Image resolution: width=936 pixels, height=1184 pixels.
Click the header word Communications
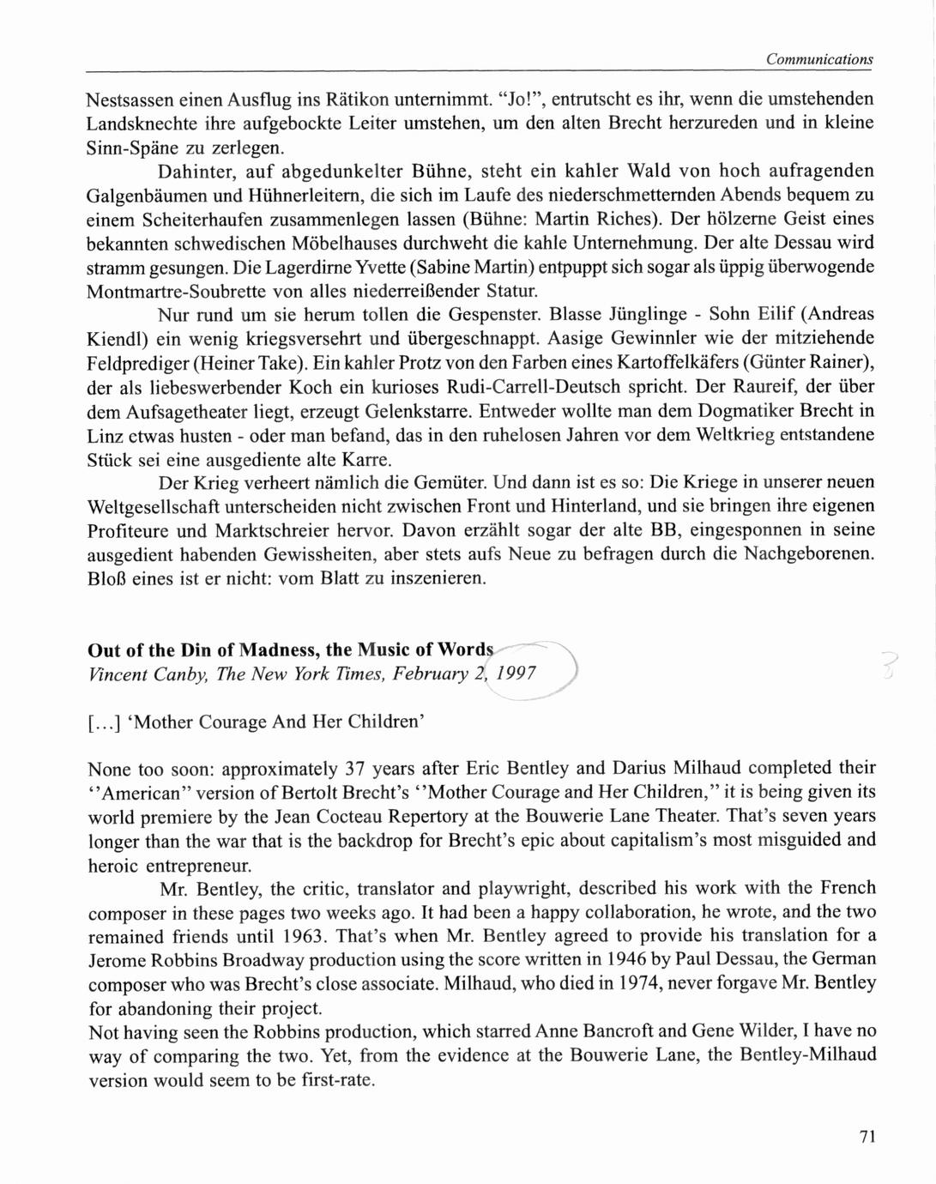click(x=819, y=59)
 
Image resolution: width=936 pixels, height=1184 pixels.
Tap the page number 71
click(x=867, y=1137)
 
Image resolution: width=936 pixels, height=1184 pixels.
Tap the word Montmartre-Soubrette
click(x=172, y=291)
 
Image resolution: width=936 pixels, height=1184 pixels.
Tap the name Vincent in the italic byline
click(x=118, y=674)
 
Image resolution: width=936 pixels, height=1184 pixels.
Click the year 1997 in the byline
click(x=517, y=674)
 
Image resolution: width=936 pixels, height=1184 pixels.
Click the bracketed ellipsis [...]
click(x=104, y=722)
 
